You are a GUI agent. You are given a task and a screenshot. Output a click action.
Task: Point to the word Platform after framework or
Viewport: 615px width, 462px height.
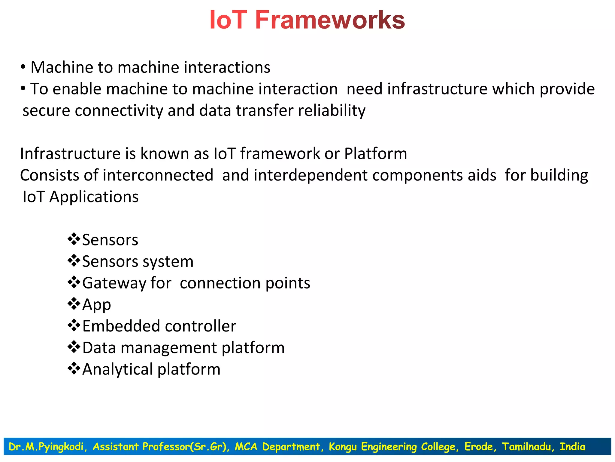click(x=375, y=154)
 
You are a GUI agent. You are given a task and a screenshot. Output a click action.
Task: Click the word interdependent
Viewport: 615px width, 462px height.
click(x=311, y=175)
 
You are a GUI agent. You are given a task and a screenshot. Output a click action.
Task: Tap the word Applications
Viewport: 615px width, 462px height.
click(x=94, y=197)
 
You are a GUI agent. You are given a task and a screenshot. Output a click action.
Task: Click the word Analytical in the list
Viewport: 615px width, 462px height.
click(x=117, y=369)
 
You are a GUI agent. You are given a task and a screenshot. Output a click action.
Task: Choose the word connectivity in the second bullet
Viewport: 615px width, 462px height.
click(x=119, y=110)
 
